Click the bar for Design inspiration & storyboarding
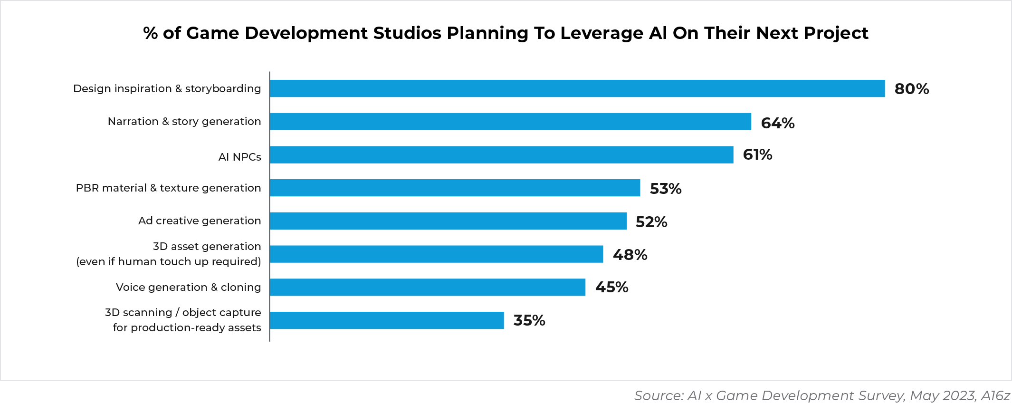577,88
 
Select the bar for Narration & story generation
510,122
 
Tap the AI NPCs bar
501,155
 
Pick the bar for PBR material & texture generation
455,188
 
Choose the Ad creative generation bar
448,221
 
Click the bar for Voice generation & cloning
427,287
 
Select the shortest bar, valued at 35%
387,320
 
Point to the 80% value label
911,89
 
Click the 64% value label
777,123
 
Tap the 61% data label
757,155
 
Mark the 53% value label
665,189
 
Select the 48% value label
630,255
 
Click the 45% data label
611,287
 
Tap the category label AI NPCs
239,157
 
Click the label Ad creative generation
200,221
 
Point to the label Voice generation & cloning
188,287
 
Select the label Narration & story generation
184,121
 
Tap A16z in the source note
995,395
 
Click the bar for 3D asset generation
436,254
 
